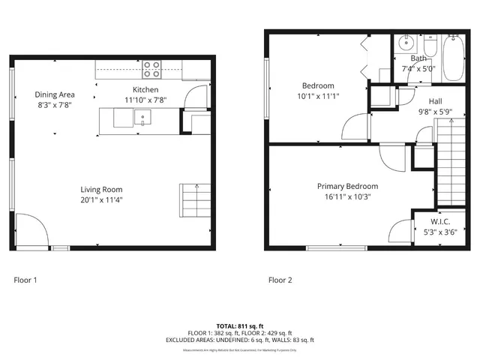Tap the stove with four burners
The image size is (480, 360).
click(x=152, y=69)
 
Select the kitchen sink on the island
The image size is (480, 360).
click(x=142, y=117)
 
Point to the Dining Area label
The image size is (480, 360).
click(x=55, y=94)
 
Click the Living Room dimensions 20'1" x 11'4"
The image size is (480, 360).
click(x=101, y=199)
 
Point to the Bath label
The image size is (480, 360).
click(x=418, y=59)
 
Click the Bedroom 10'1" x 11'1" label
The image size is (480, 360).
click(x=318, y=85)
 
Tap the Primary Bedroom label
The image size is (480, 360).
click(x=347, y=186)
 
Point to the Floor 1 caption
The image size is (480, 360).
click(x=25, y=280)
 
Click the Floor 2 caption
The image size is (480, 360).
click(x=280, y=280)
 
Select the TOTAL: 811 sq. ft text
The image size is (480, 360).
click(x=240, y=326)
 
